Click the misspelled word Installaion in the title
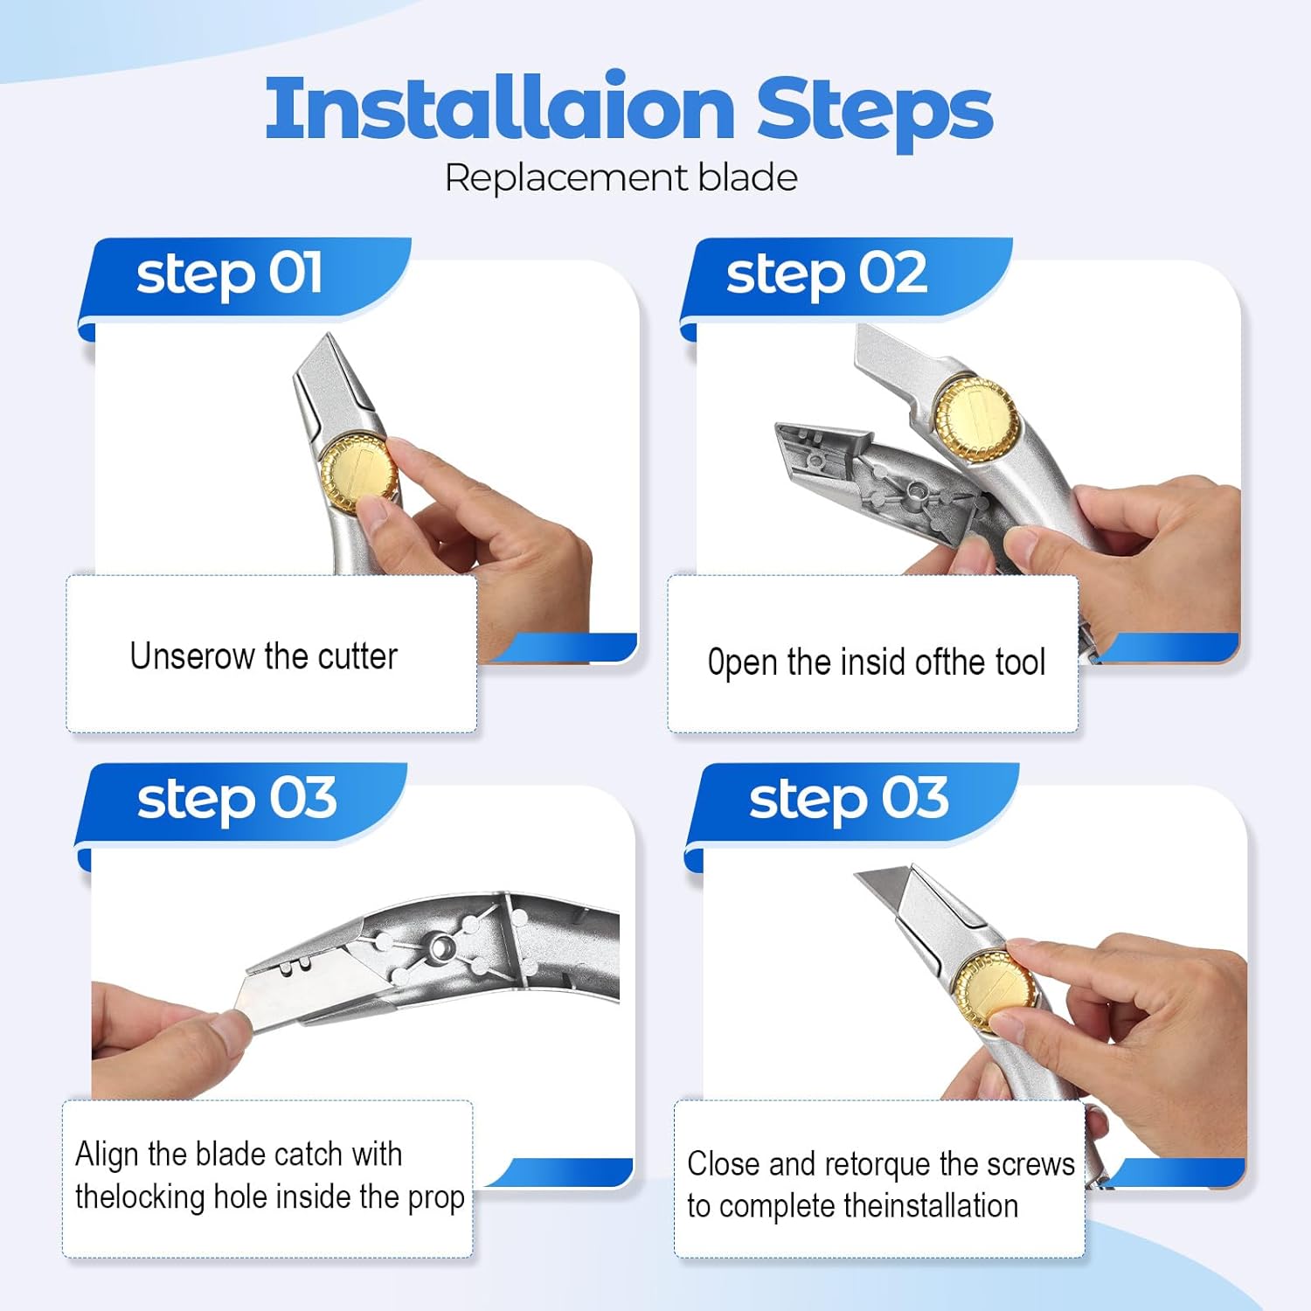coord(499,109)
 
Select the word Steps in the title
coord(874,109)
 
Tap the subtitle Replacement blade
coord(621,178)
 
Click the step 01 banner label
coord(229,274)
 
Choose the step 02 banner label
coord(826,274)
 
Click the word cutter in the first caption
coord(357,656)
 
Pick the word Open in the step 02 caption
coord(742,663)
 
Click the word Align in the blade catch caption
coord(107,1155)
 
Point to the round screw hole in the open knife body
coord(441,947)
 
